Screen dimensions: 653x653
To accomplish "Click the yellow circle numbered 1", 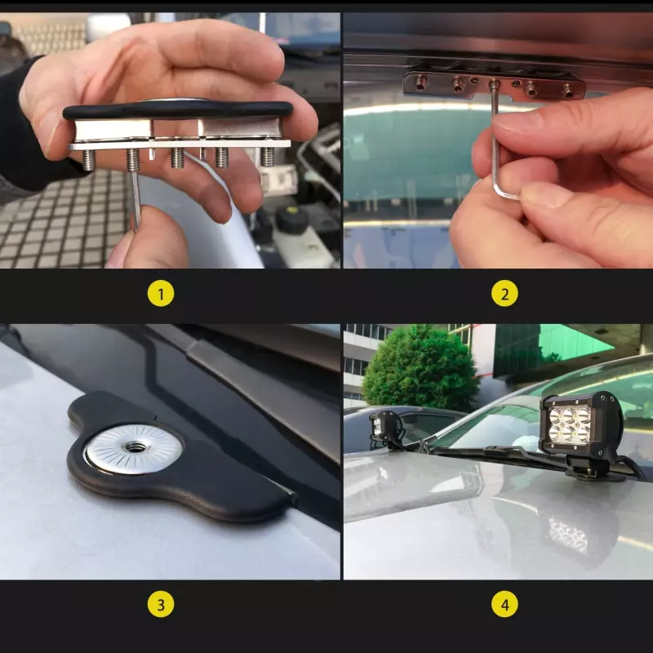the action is coord(161,294).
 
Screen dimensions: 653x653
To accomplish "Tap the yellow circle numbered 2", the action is coord(504,294).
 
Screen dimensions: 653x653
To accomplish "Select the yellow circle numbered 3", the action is coord(161,604).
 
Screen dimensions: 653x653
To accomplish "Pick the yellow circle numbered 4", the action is coord(504,604).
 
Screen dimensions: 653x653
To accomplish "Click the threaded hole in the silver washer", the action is coord(134,447).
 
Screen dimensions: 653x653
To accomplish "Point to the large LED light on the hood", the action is coord(581,424).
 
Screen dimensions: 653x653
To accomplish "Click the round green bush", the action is coord(420,369).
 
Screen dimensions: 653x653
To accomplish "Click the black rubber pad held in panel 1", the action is coord(178,111).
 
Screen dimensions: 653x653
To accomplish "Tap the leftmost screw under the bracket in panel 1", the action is coord(88,160).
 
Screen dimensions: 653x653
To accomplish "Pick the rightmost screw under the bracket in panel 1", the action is coord(267,157).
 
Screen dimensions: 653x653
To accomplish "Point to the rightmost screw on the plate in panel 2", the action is coord(568,91).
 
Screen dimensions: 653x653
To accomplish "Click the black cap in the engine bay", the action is coord(291,217).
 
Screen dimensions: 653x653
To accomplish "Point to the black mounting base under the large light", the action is coord(591,469).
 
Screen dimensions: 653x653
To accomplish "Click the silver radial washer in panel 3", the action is coord(134,449).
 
